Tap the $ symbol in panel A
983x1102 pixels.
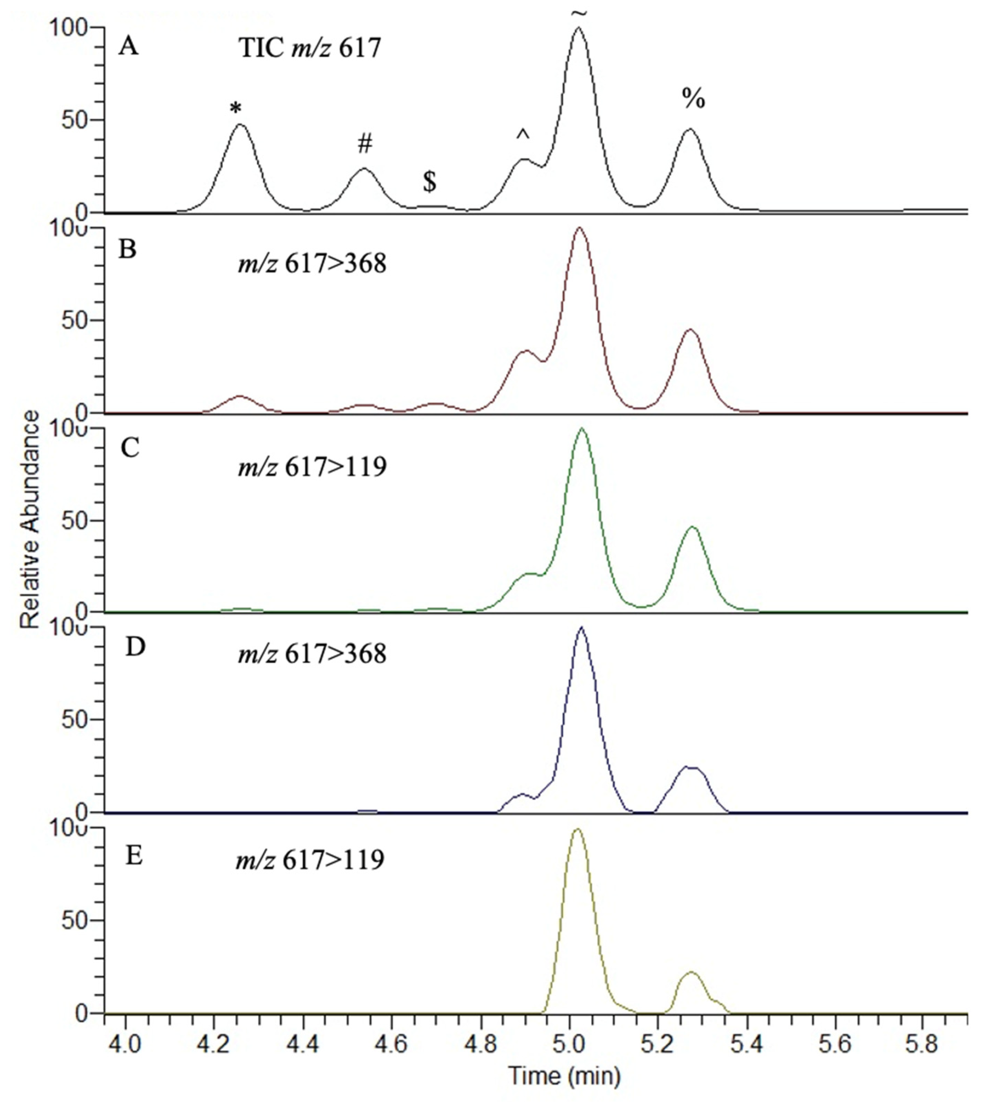pos(429,182)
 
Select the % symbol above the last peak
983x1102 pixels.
pos(693,99)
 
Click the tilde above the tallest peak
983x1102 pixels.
pos(579,13)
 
